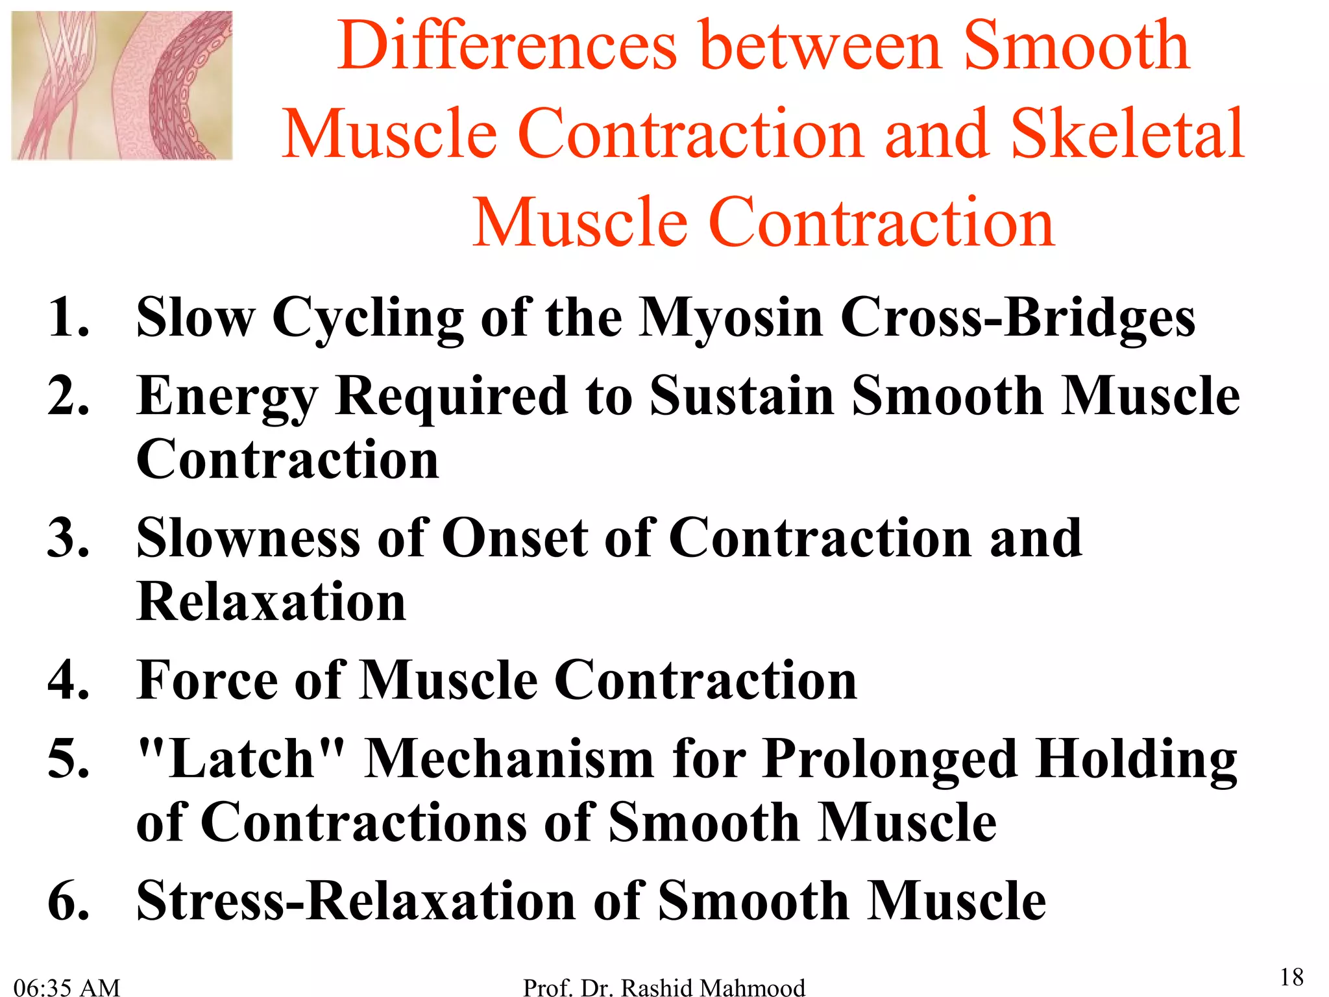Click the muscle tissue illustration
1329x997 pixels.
pyautogui.click(x=122, y=85)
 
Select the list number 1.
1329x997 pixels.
pyautogui.click(x=67, y=317)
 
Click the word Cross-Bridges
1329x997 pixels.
pyautogui.click(x=1017, y=318)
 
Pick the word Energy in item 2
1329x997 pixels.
pyautogui.click(x=227, y=397)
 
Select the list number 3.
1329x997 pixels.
pyautogui.click(x=67, y=538)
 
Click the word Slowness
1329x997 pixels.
pyautogui.click(x=248, y=538)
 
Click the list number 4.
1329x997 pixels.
pyautogui.click(x=67, y=680)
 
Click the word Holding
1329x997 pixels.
pyautogui.click(x=1136, y=759)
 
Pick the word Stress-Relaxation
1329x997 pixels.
pyautogui.click(x=356, y=901)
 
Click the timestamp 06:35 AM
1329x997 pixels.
pyautogui.click(x=67, y=987)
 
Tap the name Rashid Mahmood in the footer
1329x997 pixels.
pyautogui.click(x=713, y=987)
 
